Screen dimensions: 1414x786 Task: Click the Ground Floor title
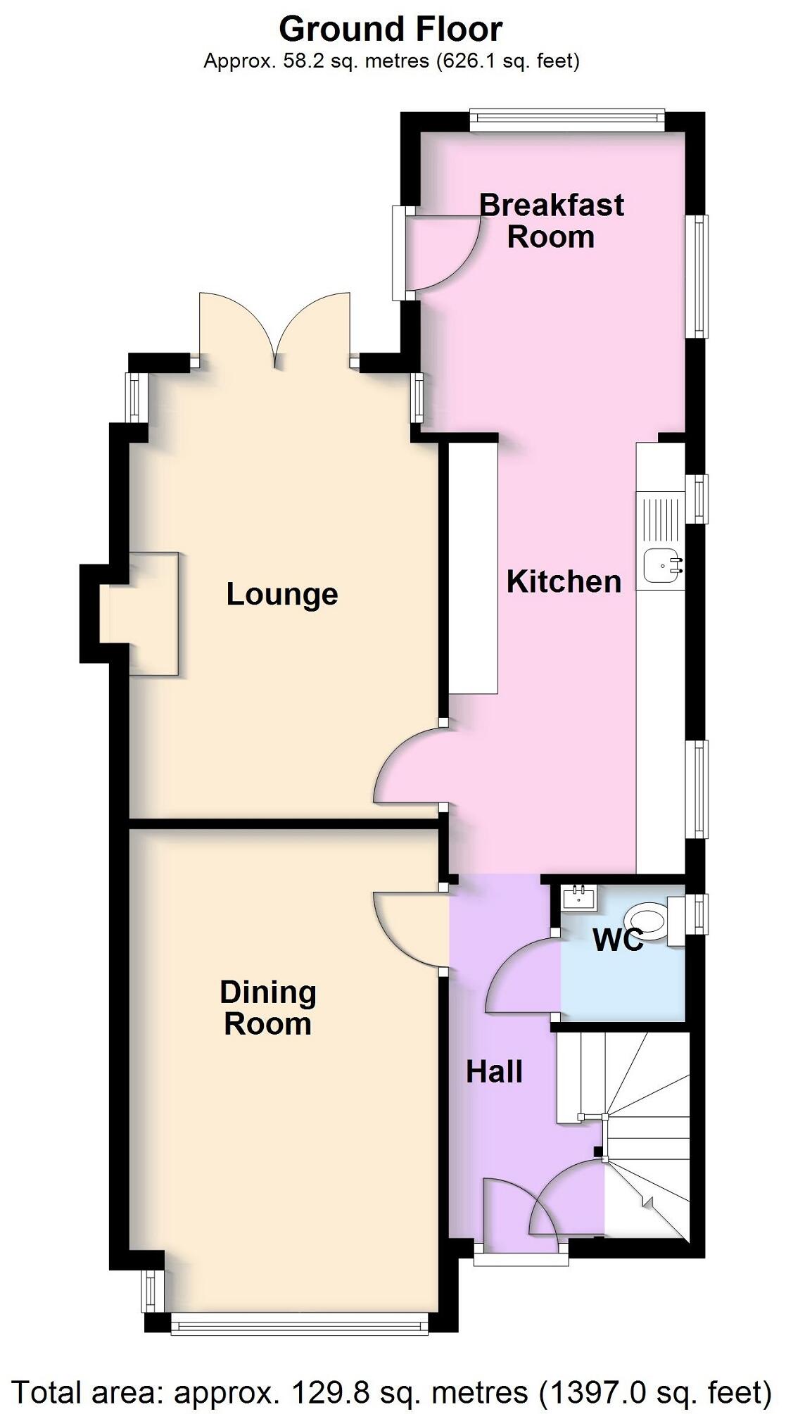pos(391,30)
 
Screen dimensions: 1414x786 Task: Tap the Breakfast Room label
pos(552,221)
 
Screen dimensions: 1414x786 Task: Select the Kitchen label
pos(564,582)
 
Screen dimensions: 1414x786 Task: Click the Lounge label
pos(282,595)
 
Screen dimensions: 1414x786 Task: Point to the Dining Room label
pos(268,1008)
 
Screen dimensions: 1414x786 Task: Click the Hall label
pos(494,1072)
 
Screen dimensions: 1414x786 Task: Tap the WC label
pos(617,940)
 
